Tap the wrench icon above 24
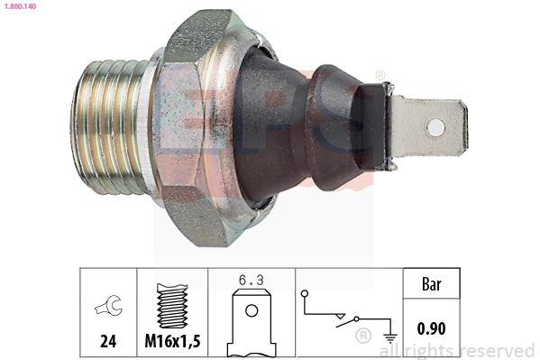pyautogui.click(x=106, y=308)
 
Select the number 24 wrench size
pyautogui.click(x=106, y=342)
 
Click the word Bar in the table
pyautogui.click(x=433, y=285)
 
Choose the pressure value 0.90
pyautogui.click(x=433, y=329)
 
